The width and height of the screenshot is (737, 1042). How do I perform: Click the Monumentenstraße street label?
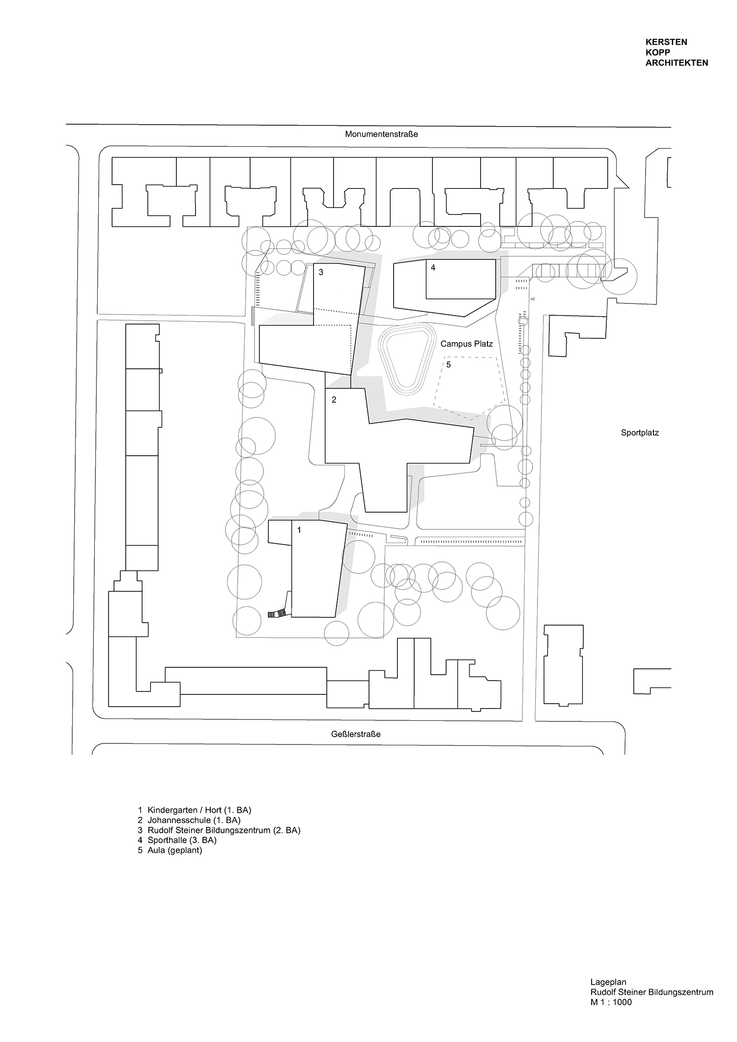[x=381, y=134]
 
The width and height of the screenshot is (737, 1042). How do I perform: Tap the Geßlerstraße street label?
[x=356, y=734]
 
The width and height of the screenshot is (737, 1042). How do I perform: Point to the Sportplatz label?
[x=639, y=433]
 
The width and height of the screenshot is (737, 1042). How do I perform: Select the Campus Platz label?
[x=466, y=344]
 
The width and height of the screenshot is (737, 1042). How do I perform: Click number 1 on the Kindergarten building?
[x=299, y=530]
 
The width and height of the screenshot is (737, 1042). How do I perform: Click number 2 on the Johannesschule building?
[x=334, y=400]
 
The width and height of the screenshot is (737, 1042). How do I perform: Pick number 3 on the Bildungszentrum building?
[x=321, y=272]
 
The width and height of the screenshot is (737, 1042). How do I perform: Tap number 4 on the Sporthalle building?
[x=433, y=268]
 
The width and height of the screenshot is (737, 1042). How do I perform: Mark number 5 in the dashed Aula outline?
[x=449, y=364]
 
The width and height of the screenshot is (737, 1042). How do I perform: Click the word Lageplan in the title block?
[x=608, y=983]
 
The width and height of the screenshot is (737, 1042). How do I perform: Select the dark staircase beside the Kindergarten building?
[x=277, y=613]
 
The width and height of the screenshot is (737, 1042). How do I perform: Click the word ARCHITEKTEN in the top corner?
[x=677, y=63]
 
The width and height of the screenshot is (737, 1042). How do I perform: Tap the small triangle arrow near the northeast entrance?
[x=532, y=299]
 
